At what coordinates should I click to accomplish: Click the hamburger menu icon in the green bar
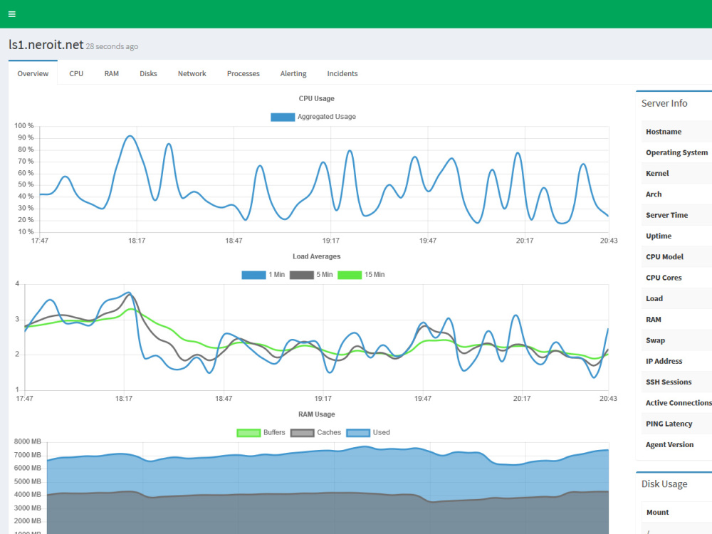click(12, 14)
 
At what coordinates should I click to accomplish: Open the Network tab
click(192, 73)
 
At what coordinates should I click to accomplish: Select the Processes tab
click(243, 73)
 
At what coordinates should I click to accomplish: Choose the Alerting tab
click(293, 73)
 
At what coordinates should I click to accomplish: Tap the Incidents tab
click(342, 73)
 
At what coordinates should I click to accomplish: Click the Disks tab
click(148, 73)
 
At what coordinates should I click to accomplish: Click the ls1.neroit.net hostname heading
click(46, 44)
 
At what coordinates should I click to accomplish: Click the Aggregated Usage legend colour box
click(283, 117)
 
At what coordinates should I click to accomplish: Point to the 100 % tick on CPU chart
click(23, 126)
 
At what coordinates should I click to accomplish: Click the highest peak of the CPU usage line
click(130, 136)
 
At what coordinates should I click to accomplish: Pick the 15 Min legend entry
click(361, 275)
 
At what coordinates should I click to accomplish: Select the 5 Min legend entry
click(311, 275)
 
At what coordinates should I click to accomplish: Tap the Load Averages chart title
click(317, 256)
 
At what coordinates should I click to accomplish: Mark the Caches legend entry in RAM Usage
click(315, 433)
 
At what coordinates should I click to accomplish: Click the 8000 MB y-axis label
click(27, 441)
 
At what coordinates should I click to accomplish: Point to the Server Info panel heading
click(664, 103)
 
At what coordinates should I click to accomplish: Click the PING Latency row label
click(669, 424)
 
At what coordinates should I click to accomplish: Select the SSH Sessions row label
click(669, 382)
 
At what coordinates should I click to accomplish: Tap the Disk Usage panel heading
click(664, 484)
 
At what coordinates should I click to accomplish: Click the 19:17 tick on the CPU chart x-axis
click(330, 241)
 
